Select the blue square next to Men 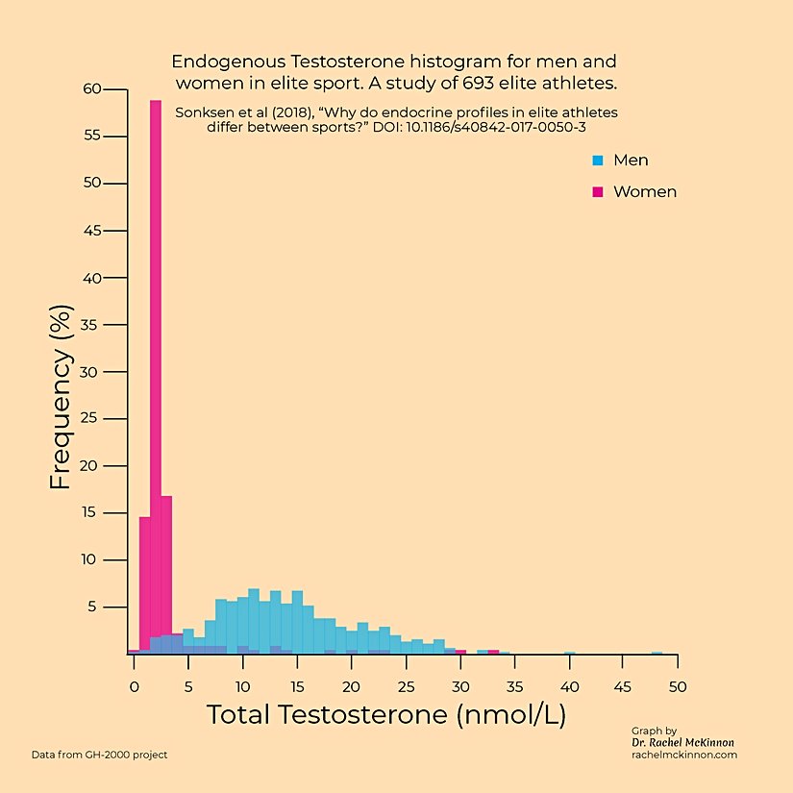(598, 161)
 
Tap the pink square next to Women (598, 192)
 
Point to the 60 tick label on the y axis (91, 89)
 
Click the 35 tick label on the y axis (91, 325)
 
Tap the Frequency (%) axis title (61, 397)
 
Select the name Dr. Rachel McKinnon (683, 743)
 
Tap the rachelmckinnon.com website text (683, 756)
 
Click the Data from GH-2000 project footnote (99, 755)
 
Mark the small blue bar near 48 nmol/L (657, 653)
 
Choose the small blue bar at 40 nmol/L (570, 653)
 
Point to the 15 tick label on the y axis (91, 512)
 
